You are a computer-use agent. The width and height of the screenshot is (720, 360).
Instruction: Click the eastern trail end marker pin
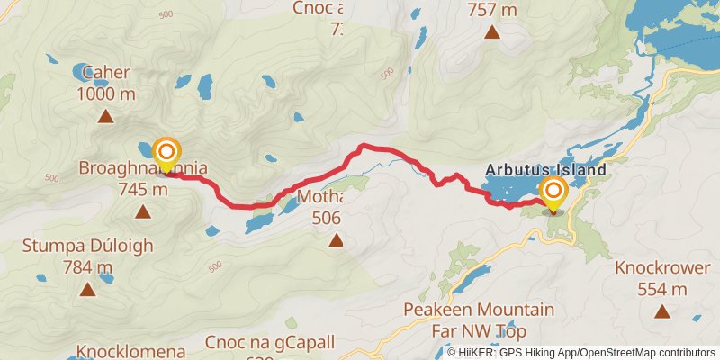coord(553,193)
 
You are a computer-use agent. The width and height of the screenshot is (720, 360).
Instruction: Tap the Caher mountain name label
coord(106,72)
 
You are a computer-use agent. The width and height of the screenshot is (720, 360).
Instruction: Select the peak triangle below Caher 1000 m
coord(106,116)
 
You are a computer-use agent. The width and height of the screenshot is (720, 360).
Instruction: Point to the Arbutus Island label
coord(545,168)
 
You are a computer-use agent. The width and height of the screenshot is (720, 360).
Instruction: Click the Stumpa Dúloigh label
coord(87,246)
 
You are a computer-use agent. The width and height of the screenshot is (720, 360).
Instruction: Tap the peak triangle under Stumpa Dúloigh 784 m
coord(87,289)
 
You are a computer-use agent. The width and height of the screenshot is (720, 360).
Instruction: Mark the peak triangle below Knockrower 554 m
coord(662,311)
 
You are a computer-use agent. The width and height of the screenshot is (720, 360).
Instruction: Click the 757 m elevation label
coord(492,10)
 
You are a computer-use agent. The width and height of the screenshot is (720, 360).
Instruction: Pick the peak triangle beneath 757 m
coord(492,33)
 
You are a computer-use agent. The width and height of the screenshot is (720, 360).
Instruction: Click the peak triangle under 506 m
coord(336,239)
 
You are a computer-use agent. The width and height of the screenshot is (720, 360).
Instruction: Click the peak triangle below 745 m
coord(142,212)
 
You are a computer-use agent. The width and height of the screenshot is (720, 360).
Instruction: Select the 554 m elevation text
coord(662,289)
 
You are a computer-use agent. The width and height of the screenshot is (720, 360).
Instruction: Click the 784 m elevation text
coord(87,266)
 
